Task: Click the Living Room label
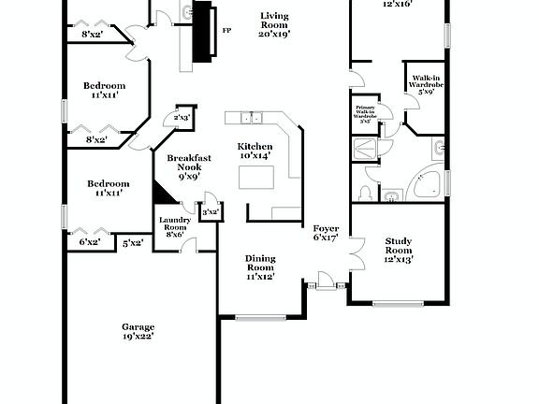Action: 274,24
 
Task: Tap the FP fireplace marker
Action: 226,30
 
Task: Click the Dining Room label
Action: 259,267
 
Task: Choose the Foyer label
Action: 326,233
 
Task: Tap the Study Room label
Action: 399,250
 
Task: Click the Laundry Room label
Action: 175,227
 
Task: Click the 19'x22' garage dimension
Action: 138,336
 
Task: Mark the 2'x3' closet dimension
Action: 182,118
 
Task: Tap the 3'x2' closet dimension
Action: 211,212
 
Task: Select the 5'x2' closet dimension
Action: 133,243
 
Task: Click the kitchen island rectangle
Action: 255,178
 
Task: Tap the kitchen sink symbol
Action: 249,118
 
